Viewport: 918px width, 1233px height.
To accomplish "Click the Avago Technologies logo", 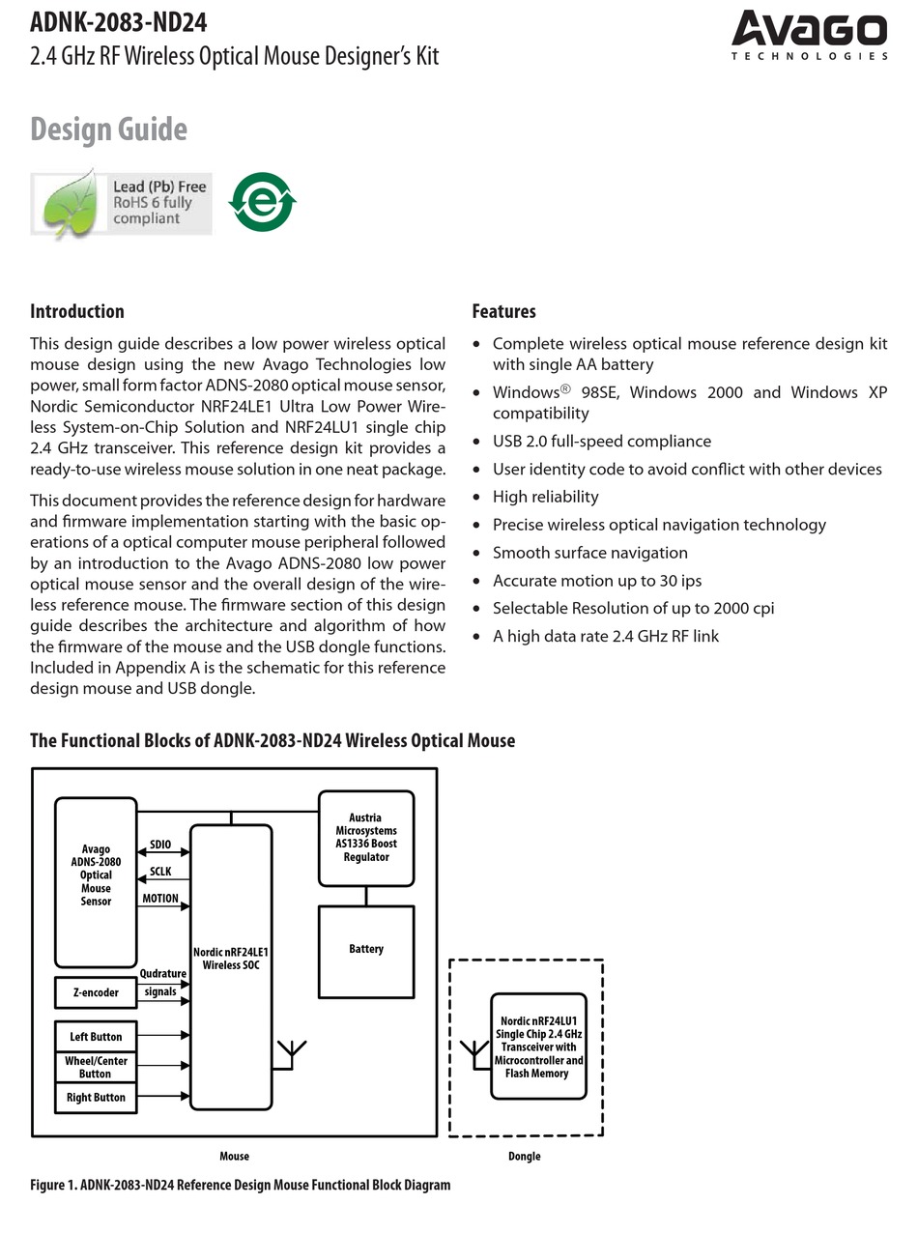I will (809, 36).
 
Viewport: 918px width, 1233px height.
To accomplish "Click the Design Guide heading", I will (108, 129).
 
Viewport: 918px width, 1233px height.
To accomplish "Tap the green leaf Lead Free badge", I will (121, 203).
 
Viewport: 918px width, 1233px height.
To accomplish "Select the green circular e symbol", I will (262, 203).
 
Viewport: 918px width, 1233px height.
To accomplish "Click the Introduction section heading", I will (77, 311).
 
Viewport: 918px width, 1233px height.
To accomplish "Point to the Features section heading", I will (503, 311).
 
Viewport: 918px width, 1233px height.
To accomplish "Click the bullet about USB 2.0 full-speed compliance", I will (601, 441).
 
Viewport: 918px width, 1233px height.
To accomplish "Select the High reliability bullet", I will (545, 497).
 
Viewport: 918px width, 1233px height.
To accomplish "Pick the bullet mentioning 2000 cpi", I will (633, 608).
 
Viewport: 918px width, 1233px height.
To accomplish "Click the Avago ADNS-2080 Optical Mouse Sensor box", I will (96, 881).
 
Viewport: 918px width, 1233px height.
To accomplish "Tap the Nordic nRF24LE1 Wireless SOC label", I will (231, 959).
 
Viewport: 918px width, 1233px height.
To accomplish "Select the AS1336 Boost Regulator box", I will (366, 838).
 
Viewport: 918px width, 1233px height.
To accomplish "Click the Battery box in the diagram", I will (366, 951).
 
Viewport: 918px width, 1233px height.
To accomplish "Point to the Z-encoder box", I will (96, 992).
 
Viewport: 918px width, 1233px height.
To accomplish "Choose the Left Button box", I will (96, 1037).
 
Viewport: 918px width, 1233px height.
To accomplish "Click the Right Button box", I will (96, 1097).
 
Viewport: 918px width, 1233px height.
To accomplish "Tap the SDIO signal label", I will (160, 845).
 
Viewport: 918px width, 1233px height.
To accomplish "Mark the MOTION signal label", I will (160, 899).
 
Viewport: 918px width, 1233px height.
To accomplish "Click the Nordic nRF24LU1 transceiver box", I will (538, 1047).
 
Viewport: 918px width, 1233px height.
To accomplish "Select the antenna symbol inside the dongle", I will (473, 1051).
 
